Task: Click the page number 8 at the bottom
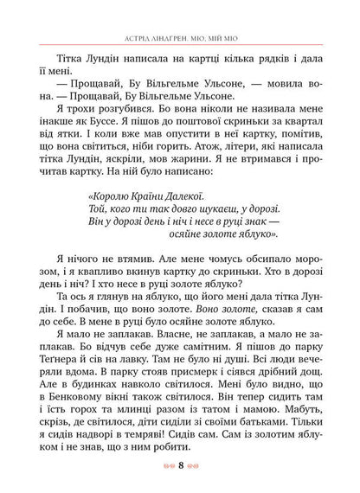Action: pos(180,472)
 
